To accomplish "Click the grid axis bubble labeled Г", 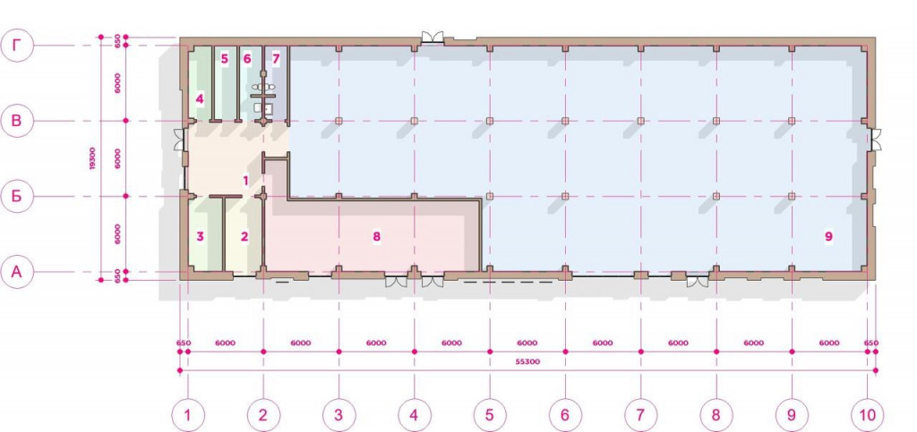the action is pyautogui.click(x=18, y=46).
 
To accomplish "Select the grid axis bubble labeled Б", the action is pyautogui.click(x=18, y=196).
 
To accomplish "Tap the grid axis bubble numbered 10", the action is pyautogui.click(x=867, y=415).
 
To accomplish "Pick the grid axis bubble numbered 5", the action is pyautogui.click(x=490, y=415).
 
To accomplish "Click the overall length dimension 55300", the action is pyautogui.click(x=528, y=362).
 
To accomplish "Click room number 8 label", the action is pyautogui.click(x=376, y=236).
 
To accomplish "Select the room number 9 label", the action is pyautogui.click(x=828, y=236).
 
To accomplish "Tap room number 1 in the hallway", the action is pyautogui.click(x=246, y=181).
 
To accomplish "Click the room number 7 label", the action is pyautogui.click(x=276, y=59).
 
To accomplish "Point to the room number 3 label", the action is pyautogui.click(x=200, y=236).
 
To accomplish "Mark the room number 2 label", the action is pyautogui.click(x=244, y=236).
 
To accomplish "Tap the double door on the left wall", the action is pyautogui.click(x=179, y=140).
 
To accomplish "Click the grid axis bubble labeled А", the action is pyautogui.click(x=18, y=272).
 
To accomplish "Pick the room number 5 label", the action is pyautogui.click(x=224, y=59).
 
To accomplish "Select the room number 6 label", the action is pyautogui.click(x=247, y=59).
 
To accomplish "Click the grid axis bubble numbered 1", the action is pyautogui.click(x=188, y=415).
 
